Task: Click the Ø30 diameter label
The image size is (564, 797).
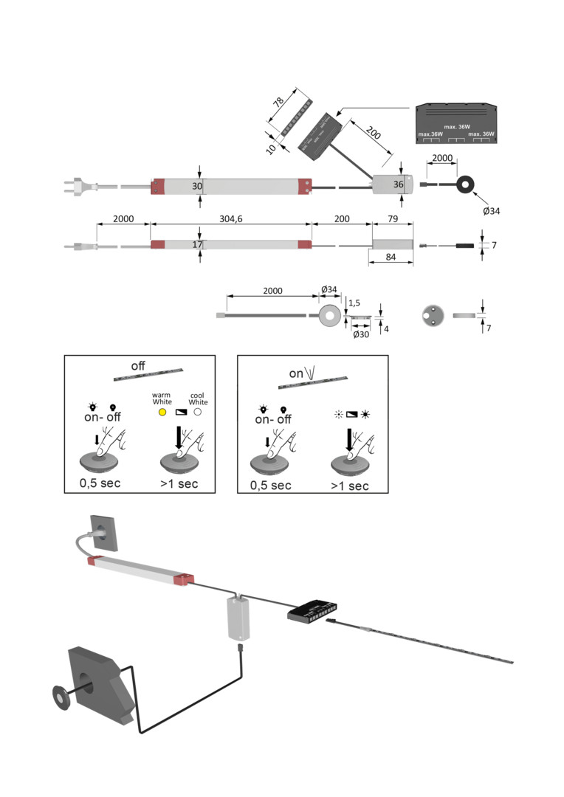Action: coord(361,335)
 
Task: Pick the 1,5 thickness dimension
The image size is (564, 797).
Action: coord(354,303)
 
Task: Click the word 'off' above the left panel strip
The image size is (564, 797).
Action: coord(138,365)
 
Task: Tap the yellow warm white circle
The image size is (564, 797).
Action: coord(161,411)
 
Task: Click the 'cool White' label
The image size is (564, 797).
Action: coord(198,398)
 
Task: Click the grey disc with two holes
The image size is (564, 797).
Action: coord(430,315)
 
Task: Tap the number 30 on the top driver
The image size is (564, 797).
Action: coord(197,186)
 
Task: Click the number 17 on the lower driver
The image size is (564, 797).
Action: coord(197,244)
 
